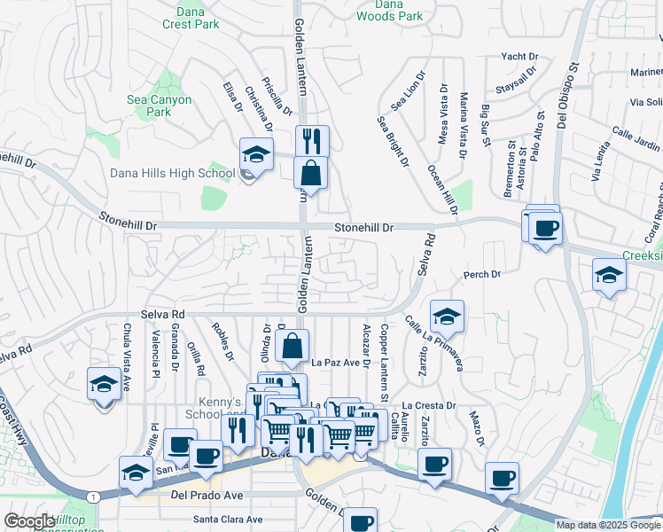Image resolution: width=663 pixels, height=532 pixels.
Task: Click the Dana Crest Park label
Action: pos(191,18)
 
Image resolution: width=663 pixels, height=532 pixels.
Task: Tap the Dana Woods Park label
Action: pos(390,10)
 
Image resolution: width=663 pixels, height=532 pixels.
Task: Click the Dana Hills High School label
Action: pos(171,173)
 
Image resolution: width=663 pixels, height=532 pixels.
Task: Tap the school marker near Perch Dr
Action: pos(608,274)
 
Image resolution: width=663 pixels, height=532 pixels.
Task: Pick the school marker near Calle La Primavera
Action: pos(447,315)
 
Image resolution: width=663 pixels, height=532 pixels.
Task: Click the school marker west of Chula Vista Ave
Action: pos(104,383)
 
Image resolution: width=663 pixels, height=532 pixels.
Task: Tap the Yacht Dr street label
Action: pos(519,56)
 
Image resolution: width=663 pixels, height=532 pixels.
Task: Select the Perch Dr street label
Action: pos(482,275)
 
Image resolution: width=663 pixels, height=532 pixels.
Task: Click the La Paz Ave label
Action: pos(340,363)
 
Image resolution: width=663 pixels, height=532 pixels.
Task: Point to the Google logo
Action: pos(30,521)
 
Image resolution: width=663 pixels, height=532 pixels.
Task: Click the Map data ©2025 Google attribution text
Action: pos(607,525)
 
